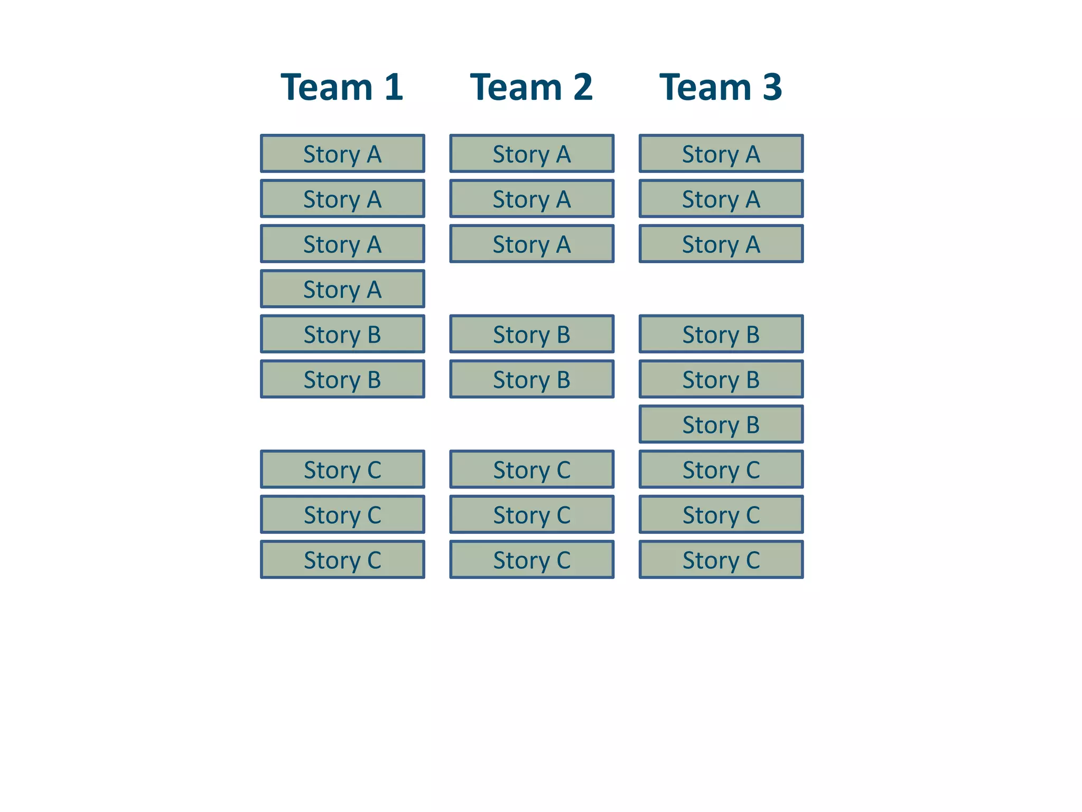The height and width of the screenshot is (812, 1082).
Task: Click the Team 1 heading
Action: (x=342, y=87)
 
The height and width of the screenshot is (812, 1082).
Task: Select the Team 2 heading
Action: (x=531, y=87)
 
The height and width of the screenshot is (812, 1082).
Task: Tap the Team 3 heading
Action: (x=721, y=87)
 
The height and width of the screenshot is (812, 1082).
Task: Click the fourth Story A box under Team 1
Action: (x=342, y=289)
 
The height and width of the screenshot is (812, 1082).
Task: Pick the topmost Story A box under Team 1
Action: (x=342, y=154)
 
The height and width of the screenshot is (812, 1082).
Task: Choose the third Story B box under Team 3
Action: (x=721, y=425)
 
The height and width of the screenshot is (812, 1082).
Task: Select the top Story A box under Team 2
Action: (x=531, y=154)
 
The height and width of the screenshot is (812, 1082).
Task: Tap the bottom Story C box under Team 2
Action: (x=531, y=560)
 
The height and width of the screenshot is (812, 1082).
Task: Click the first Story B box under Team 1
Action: (x=342, y=334)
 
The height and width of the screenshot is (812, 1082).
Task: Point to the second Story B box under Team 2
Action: (x=531, y=380)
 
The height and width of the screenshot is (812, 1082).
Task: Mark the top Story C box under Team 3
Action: (x=721, y=469)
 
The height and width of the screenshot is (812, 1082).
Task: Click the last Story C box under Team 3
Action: (x=721, y=560)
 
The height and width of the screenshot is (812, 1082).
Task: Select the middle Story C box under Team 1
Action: (x=342, y=515)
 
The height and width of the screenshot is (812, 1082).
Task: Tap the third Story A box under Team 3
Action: (x=721, y=244)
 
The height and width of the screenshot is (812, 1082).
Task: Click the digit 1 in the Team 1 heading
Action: (x=394, y=87)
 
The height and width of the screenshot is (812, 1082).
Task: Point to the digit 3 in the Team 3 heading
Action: (x=772, y=87)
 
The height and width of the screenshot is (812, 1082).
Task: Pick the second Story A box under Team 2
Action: (x=531, y=199)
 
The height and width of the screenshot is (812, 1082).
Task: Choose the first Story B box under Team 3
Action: (x=721, y=334)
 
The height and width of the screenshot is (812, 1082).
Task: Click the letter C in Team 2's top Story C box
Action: (x=563, y=470)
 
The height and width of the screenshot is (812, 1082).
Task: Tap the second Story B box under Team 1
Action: (x=342, y=380)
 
